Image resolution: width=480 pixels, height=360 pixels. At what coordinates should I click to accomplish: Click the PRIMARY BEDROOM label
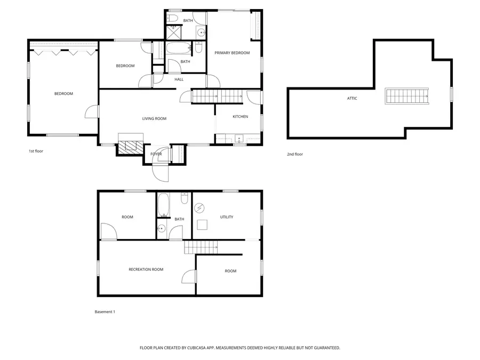(232, 53)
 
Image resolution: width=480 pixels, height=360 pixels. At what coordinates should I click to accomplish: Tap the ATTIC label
(352, 98)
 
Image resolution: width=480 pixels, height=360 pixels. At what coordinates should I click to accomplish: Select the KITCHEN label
(240, 117)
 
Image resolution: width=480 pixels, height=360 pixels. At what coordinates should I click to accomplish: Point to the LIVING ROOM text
(154, 118)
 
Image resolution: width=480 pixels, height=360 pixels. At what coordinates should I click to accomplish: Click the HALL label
(179, 79)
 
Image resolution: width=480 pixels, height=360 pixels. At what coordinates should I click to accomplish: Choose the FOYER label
(156, 154)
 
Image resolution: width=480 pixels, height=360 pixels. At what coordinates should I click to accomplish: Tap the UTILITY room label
(227, 217)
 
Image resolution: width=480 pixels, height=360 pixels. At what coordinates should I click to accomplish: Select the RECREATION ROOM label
(146, 269)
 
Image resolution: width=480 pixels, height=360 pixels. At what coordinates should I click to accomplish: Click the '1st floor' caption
(36, 151)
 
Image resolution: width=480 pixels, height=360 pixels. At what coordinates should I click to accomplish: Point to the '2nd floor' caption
(295, 154)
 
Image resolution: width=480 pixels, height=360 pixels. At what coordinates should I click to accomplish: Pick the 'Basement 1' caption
(105, 311)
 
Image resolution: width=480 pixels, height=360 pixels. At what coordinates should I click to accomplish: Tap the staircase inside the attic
(407, 97)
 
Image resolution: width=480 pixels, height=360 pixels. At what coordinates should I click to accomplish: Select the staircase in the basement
(202, 247)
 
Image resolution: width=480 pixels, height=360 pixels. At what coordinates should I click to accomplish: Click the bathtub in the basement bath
(163, 205)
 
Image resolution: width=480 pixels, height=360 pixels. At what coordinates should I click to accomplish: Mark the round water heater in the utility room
(201, 207)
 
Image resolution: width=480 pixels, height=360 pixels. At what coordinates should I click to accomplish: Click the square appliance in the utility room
(202, 224)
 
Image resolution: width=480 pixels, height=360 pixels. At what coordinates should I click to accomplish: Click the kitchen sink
(239, 139)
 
